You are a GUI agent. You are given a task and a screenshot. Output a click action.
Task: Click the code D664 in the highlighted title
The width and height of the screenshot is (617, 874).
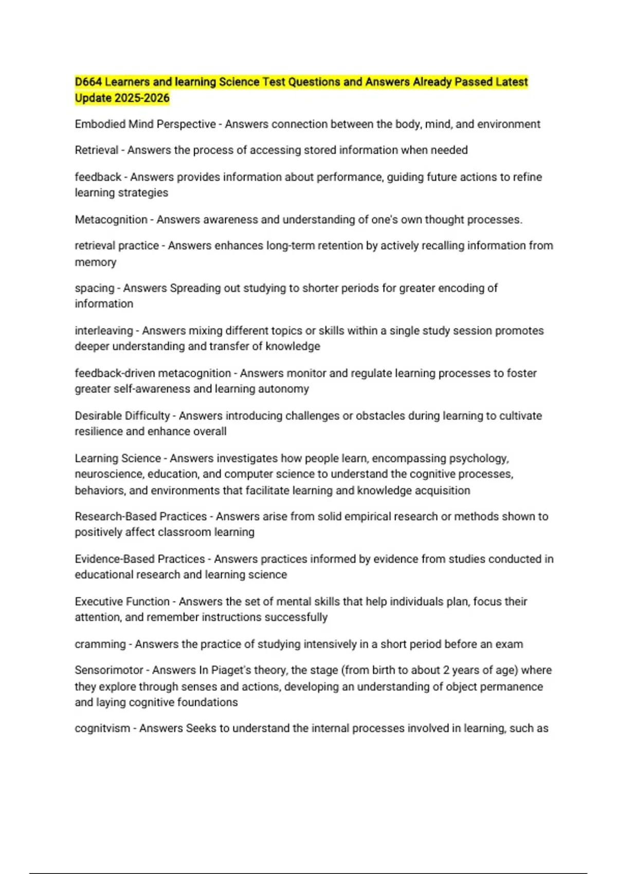(88, 82)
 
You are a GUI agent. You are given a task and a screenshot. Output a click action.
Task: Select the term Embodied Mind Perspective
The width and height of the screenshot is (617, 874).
(145, 124)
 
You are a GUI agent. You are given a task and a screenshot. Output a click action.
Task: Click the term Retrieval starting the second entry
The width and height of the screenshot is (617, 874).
(97, 150)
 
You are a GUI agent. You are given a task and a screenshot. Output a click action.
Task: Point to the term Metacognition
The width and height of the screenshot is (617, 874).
(111, 220)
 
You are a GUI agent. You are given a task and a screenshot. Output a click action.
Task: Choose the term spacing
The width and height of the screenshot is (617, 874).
(95, 288)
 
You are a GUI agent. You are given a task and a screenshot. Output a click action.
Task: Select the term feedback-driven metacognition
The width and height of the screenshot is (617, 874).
(153, 373)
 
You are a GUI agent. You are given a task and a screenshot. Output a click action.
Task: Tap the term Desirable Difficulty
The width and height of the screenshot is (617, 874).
(122, 416)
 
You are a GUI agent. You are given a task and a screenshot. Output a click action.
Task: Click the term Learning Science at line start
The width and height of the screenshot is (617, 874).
(118, 459)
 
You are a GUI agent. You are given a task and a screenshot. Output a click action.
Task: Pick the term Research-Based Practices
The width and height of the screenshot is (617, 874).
(140, 517)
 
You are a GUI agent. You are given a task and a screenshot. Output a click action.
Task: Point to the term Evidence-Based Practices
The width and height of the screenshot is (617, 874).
(140, 559)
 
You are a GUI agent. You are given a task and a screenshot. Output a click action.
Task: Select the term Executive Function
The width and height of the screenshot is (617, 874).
(122, 602)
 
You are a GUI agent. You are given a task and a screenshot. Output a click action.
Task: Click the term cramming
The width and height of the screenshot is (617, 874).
(100, 645)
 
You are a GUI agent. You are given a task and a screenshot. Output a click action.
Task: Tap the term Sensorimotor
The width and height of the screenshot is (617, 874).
(109, 670)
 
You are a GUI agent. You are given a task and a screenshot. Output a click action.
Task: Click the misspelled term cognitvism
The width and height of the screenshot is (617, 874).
(102, 729)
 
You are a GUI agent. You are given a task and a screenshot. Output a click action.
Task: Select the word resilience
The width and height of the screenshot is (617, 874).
(98, 432)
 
